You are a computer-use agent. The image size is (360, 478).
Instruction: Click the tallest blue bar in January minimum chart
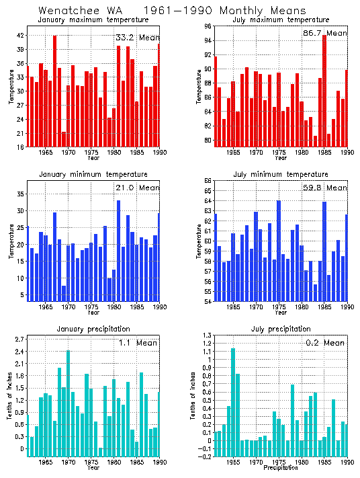click(119, 249)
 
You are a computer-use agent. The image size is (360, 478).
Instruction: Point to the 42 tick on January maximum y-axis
click(20, 35)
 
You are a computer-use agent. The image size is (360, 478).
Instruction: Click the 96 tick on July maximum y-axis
click(208, 27)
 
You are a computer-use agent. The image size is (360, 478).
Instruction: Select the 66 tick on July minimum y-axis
click(208, 181)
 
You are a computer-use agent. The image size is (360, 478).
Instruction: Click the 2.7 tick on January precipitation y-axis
click(19, 340)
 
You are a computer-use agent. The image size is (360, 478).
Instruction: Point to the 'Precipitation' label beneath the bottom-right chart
click(281, 468)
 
